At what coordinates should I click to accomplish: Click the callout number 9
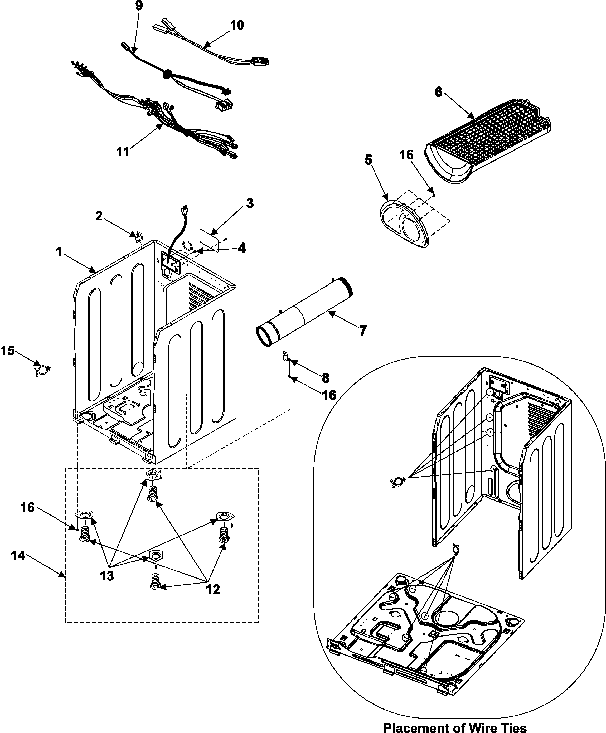pos(139,6)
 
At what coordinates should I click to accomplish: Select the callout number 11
pos(123,152)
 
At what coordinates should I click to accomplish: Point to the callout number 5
pos(368,160)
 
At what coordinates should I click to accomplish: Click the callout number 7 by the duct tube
pos(363,330)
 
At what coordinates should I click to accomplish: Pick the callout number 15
pos(7,351)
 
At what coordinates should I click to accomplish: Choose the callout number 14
pos(18,555)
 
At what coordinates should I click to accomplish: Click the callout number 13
pos(107,576)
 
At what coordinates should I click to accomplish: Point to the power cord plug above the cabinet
pos(183,211)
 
